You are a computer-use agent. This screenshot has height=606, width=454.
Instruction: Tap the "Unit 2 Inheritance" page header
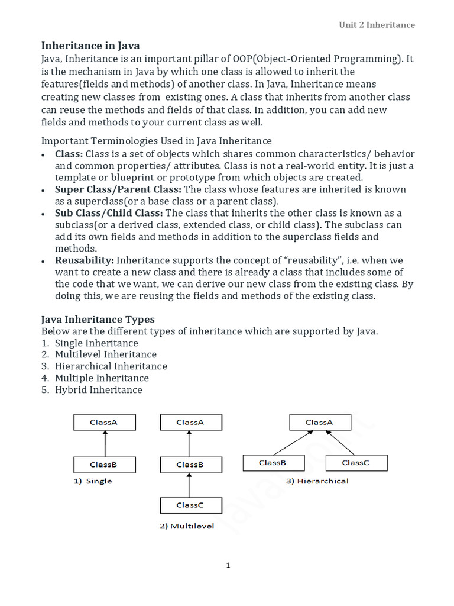377,25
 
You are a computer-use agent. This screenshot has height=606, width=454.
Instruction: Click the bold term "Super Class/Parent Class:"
118,189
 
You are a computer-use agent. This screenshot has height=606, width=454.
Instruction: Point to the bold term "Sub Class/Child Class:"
109,212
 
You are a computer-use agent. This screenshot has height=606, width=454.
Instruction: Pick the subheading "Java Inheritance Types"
98,319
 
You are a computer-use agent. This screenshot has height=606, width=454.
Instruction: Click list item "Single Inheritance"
96,343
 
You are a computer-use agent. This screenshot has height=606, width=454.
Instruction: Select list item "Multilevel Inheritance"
106,354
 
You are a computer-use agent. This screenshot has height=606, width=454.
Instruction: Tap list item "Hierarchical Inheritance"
111,366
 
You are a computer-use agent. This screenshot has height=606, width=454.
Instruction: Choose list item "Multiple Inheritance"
102,378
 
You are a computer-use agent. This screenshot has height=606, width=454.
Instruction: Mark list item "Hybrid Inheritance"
99,390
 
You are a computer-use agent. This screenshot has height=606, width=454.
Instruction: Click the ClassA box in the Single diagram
104,423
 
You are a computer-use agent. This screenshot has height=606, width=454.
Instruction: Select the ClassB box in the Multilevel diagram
190,465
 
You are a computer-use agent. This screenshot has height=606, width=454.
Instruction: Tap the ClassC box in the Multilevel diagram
190,505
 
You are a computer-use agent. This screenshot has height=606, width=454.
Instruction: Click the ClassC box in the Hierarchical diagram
356,463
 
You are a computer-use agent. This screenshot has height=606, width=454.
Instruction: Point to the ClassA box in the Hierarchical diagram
319,423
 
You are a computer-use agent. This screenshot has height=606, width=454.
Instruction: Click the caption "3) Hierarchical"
317,481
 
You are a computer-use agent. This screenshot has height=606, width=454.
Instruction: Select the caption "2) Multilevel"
187,526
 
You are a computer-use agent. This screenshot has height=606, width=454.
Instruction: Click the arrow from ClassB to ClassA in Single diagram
104,443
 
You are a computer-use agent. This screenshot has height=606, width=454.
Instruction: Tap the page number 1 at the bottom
228,566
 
